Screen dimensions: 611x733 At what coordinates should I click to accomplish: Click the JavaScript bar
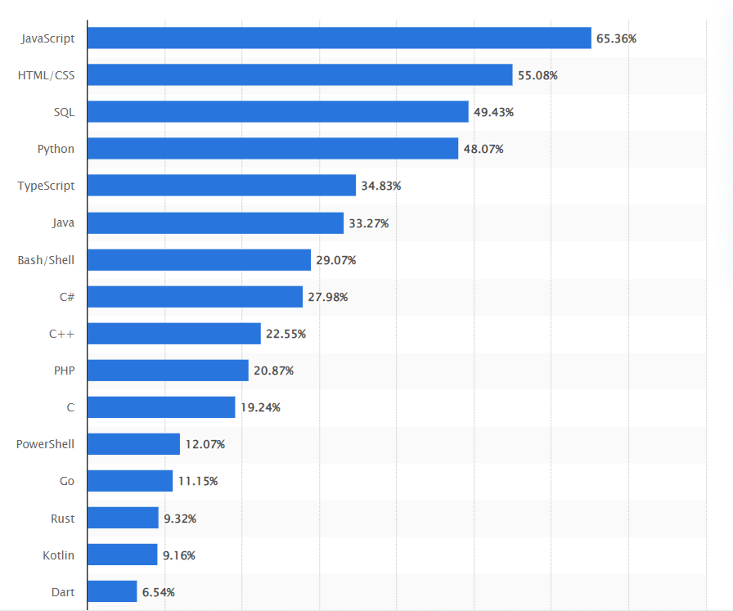coord(339,38)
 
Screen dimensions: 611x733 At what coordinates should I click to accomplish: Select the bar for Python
coord(272,149)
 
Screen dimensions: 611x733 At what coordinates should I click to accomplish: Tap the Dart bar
coord(112,591)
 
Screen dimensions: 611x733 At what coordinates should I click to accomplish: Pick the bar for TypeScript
coord(222,186)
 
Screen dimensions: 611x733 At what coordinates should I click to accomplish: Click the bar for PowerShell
coord(133,444)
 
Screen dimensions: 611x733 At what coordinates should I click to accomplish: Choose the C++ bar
coord(174,334)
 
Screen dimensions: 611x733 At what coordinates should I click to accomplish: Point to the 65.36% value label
coord(616,38)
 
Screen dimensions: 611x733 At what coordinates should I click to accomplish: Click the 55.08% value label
coord(537,75)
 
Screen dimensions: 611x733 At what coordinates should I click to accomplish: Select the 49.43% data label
coord(493,112)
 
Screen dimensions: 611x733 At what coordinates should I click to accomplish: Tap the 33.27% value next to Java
coord(368,223)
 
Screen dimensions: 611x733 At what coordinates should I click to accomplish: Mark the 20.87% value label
coord(273,371)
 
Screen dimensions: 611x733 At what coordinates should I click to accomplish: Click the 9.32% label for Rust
coord(180,519)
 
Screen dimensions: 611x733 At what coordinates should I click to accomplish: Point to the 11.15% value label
coord(197,481)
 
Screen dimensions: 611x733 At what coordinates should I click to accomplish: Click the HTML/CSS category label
coord(46,75)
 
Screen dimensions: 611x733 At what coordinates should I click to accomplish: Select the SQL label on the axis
coord(64,112)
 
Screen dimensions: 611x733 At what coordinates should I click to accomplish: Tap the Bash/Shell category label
coord(46,260)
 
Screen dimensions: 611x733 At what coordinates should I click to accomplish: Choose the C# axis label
coord(66,297)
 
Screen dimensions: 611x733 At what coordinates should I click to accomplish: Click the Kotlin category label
coord(58,555)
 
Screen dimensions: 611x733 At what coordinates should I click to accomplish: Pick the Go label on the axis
coord(66,481)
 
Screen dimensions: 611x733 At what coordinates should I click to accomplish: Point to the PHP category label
coord(64,371)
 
